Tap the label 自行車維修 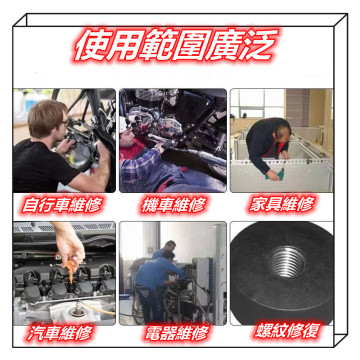pos(63,204)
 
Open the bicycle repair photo pos(63,140)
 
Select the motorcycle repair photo pos(172,140)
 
